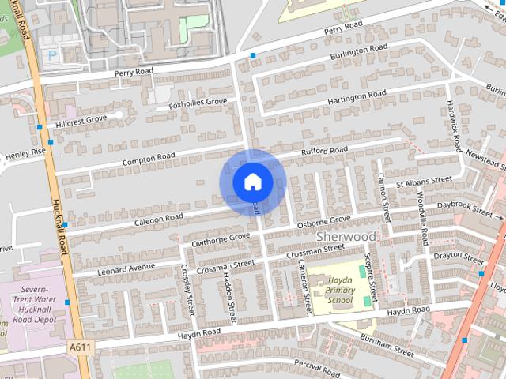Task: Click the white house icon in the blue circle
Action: pos(252,182)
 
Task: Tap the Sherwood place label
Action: pos(346,236)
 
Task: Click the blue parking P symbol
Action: pos(52,56)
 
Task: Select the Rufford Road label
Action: pos(323,151)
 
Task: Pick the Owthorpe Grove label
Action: pos(221,237)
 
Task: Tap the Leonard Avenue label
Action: pos(126,267)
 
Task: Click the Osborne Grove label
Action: pos(323,222)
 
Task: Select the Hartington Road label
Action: pos(359,97)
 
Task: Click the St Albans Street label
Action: pos(424,183)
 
